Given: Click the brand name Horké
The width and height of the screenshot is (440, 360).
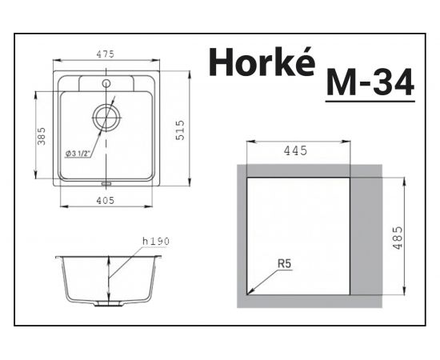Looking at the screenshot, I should point(259,62).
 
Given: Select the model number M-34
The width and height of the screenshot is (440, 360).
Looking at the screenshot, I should point(370,82).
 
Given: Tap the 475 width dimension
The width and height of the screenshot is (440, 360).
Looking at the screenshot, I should point(106,54).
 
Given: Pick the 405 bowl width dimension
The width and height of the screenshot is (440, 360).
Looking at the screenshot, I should point(106,200).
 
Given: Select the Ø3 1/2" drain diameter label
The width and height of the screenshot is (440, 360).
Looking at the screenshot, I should point(82,152).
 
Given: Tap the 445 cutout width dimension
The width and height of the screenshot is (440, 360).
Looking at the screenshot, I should point(297,149).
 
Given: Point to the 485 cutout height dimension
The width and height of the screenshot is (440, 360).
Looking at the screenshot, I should point(398,237).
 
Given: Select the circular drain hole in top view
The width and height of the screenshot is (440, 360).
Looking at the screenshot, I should point(106,118).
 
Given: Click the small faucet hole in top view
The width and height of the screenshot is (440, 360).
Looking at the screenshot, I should point(106,82).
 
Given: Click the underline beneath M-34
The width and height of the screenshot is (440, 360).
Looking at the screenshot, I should point(370,100).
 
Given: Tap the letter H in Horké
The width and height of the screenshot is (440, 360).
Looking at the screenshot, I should point(220,62).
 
